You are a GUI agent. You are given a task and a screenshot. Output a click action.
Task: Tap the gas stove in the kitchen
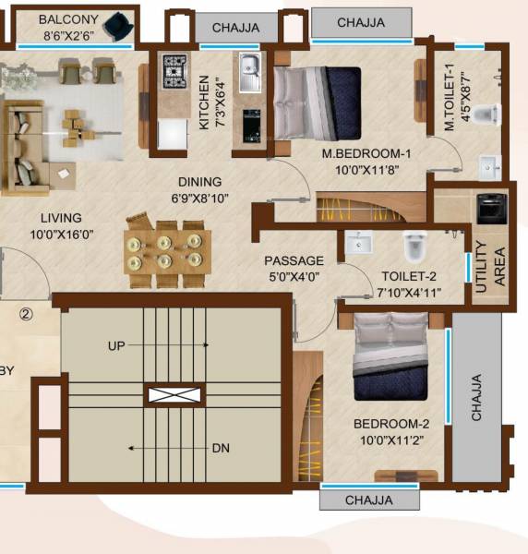[174, 69]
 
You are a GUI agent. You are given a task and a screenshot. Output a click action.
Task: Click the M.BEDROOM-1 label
[366, 153]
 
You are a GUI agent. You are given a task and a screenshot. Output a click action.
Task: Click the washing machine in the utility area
[488, 208]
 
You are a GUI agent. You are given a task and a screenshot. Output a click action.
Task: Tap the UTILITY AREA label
[491, 267]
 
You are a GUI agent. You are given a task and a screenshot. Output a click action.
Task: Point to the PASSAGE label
[294, 261]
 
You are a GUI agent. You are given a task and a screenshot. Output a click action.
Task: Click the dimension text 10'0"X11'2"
[392, 440]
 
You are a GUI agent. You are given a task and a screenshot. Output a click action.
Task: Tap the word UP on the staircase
[116, 345]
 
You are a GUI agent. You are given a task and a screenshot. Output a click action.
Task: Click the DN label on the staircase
[220, 449]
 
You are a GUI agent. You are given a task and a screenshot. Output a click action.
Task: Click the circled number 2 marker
[26, 314]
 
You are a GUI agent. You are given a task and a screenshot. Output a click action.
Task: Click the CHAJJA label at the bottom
[368, 500]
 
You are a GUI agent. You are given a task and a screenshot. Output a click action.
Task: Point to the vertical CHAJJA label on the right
[476, 397]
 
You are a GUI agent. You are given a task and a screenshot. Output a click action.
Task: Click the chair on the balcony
[116, 24]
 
